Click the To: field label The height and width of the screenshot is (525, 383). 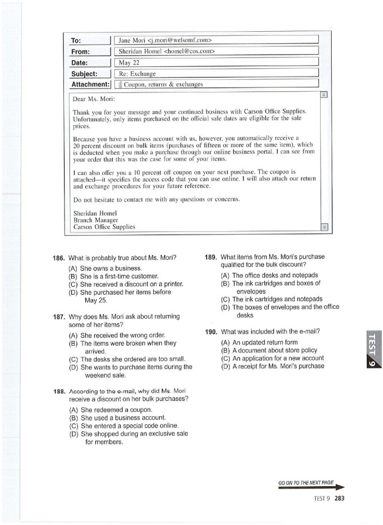(76, 40)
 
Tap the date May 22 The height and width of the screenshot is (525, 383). (129, 62)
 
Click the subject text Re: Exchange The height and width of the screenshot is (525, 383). (137, 73)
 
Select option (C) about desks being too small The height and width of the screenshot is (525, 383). (125, 359)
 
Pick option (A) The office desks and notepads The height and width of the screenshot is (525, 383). (269, 275)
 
